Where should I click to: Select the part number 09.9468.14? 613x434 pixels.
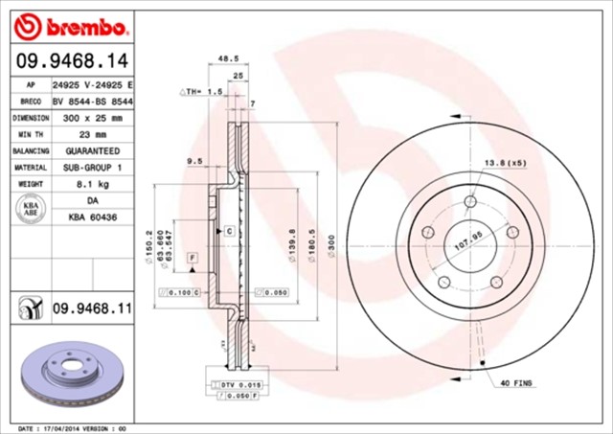coord(72,59)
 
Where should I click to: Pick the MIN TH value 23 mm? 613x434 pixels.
coord(91,134)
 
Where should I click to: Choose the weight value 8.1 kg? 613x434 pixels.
coord(91,184)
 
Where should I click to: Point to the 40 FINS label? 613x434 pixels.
coord(518,384)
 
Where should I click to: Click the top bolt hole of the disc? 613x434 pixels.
coord(470,203)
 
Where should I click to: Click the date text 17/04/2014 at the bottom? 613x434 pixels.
coord(82,427)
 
